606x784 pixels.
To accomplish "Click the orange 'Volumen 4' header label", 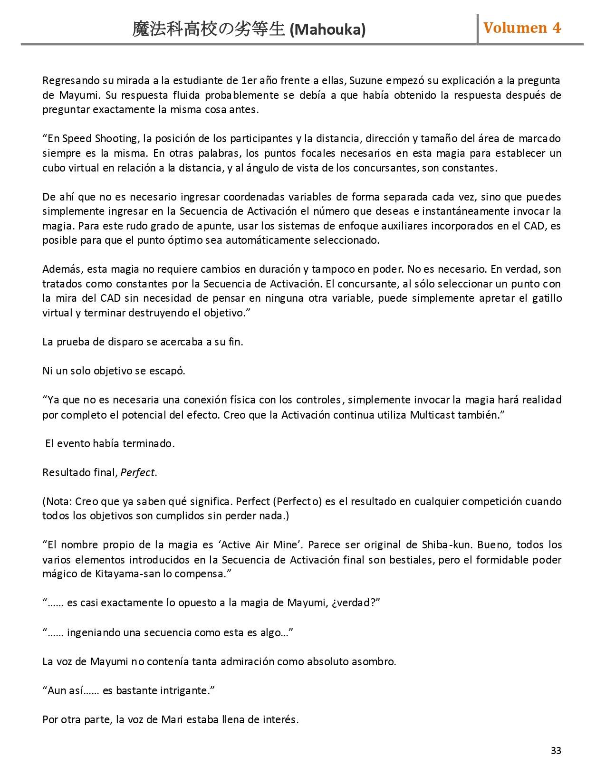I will point(522,28).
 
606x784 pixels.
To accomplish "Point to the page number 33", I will point(556,751).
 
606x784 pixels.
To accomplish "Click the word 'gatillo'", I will point(546,298).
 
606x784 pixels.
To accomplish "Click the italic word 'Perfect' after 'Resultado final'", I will point(137,473).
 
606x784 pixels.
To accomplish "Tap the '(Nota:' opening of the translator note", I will point(58,502).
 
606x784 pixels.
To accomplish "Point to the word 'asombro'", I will point(373,661).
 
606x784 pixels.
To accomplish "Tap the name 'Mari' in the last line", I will point(172,719).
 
